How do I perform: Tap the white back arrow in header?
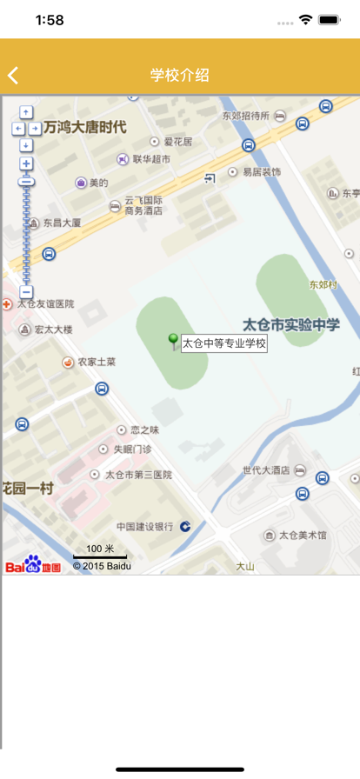point(13,76)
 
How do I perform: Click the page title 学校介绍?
point(179,76)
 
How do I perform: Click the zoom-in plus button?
point(26,163)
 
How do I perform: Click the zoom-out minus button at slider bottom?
point(26,292)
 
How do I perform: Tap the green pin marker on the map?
point(173,340)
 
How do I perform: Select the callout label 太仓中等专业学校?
point(223,343)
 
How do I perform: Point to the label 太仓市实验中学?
point(291,324)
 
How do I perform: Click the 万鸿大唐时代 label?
point(84,127)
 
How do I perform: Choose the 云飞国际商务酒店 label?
point(143,205)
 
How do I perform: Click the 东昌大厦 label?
point(62,223)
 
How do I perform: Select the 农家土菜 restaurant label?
point(96,362)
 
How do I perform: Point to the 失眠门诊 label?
point(132,449)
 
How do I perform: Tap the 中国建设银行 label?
point(144,527)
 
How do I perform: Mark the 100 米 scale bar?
point(100,552)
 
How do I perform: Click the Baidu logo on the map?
point(33,565)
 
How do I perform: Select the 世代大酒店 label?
point(265,470)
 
